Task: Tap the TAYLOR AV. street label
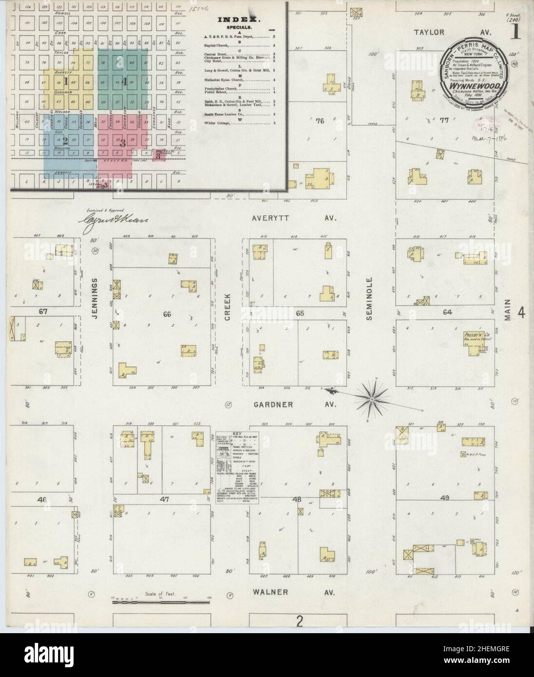446,32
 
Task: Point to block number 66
167,315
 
